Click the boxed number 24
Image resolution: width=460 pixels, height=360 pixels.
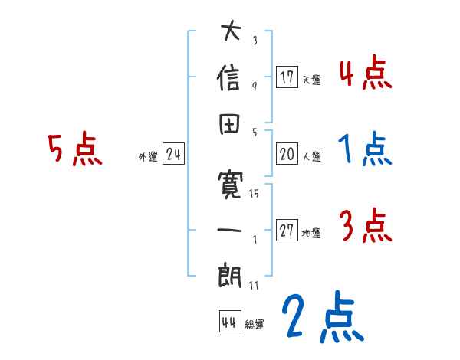pyautogui.click(x=173, y=155)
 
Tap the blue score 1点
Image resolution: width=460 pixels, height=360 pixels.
pyautogui.click(x=364, y=150)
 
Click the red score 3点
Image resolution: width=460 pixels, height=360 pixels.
pyautogui.click(x=364, y=227)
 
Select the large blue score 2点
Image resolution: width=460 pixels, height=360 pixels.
pyautogui.click(x=321, y=319)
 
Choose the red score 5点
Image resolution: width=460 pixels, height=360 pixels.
pyautogui.click(x=75, y=150)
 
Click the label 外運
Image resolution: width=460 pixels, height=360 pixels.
pyautogui.click(x=148, y=157)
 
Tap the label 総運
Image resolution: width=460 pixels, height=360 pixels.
pyautogui.click(x=254, y=325)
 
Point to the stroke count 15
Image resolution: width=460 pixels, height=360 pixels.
pyautogui.click(x=254, y=193)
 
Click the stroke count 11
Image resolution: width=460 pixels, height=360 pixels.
pyautogui.click(x=254, y=285)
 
